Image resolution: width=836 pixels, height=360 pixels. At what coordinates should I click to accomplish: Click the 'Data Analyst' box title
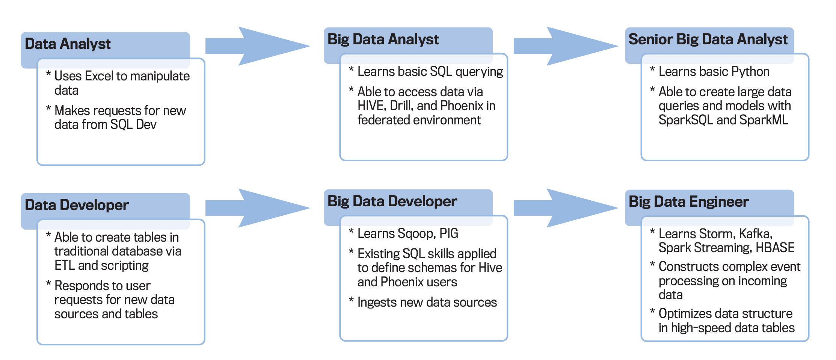(x=68, y=44)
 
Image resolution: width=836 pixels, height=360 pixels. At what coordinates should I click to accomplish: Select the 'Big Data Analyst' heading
(x=383, y=39)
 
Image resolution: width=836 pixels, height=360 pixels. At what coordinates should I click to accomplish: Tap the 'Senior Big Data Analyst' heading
(x=708, y=39)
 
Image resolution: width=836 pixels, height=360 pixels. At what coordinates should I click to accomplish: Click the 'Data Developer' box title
(x=77, y=205)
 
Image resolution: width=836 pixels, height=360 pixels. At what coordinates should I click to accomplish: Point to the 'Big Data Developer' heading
(x=392, y=201)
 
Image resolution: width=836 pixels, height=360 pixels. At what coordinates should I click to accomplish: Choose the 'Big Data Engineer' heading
(x=688, y=202)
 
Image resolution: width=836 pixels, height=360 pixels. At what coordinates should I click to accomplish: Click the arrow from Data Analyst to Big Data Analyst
(x=258, y=46)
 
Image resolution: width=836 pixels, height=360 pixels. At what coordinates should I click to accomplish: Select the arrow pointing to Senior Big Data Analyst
(x=565, y=46)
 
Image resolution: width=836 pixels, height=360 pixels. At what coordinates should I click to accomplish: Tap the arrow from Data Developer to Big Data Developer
(x=258, y=208)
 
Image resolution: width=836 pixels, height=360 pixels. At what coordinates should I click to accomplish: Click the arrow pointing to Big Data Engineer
(x=565, y=208)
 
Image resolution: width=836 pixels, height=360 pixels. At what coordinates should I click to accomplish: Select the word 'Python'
(x=750, y=72)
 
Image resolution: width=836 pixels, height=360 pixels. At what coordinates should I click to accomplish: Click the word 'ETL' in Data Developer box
(x=65, y=266)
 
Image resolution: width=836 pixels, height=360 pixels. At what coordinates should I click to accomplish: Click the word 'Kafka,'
(x=756, y=234)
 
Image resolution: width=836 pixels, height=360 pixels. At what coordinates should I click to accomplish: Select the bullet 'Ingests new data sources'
(x=427, y=303)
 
